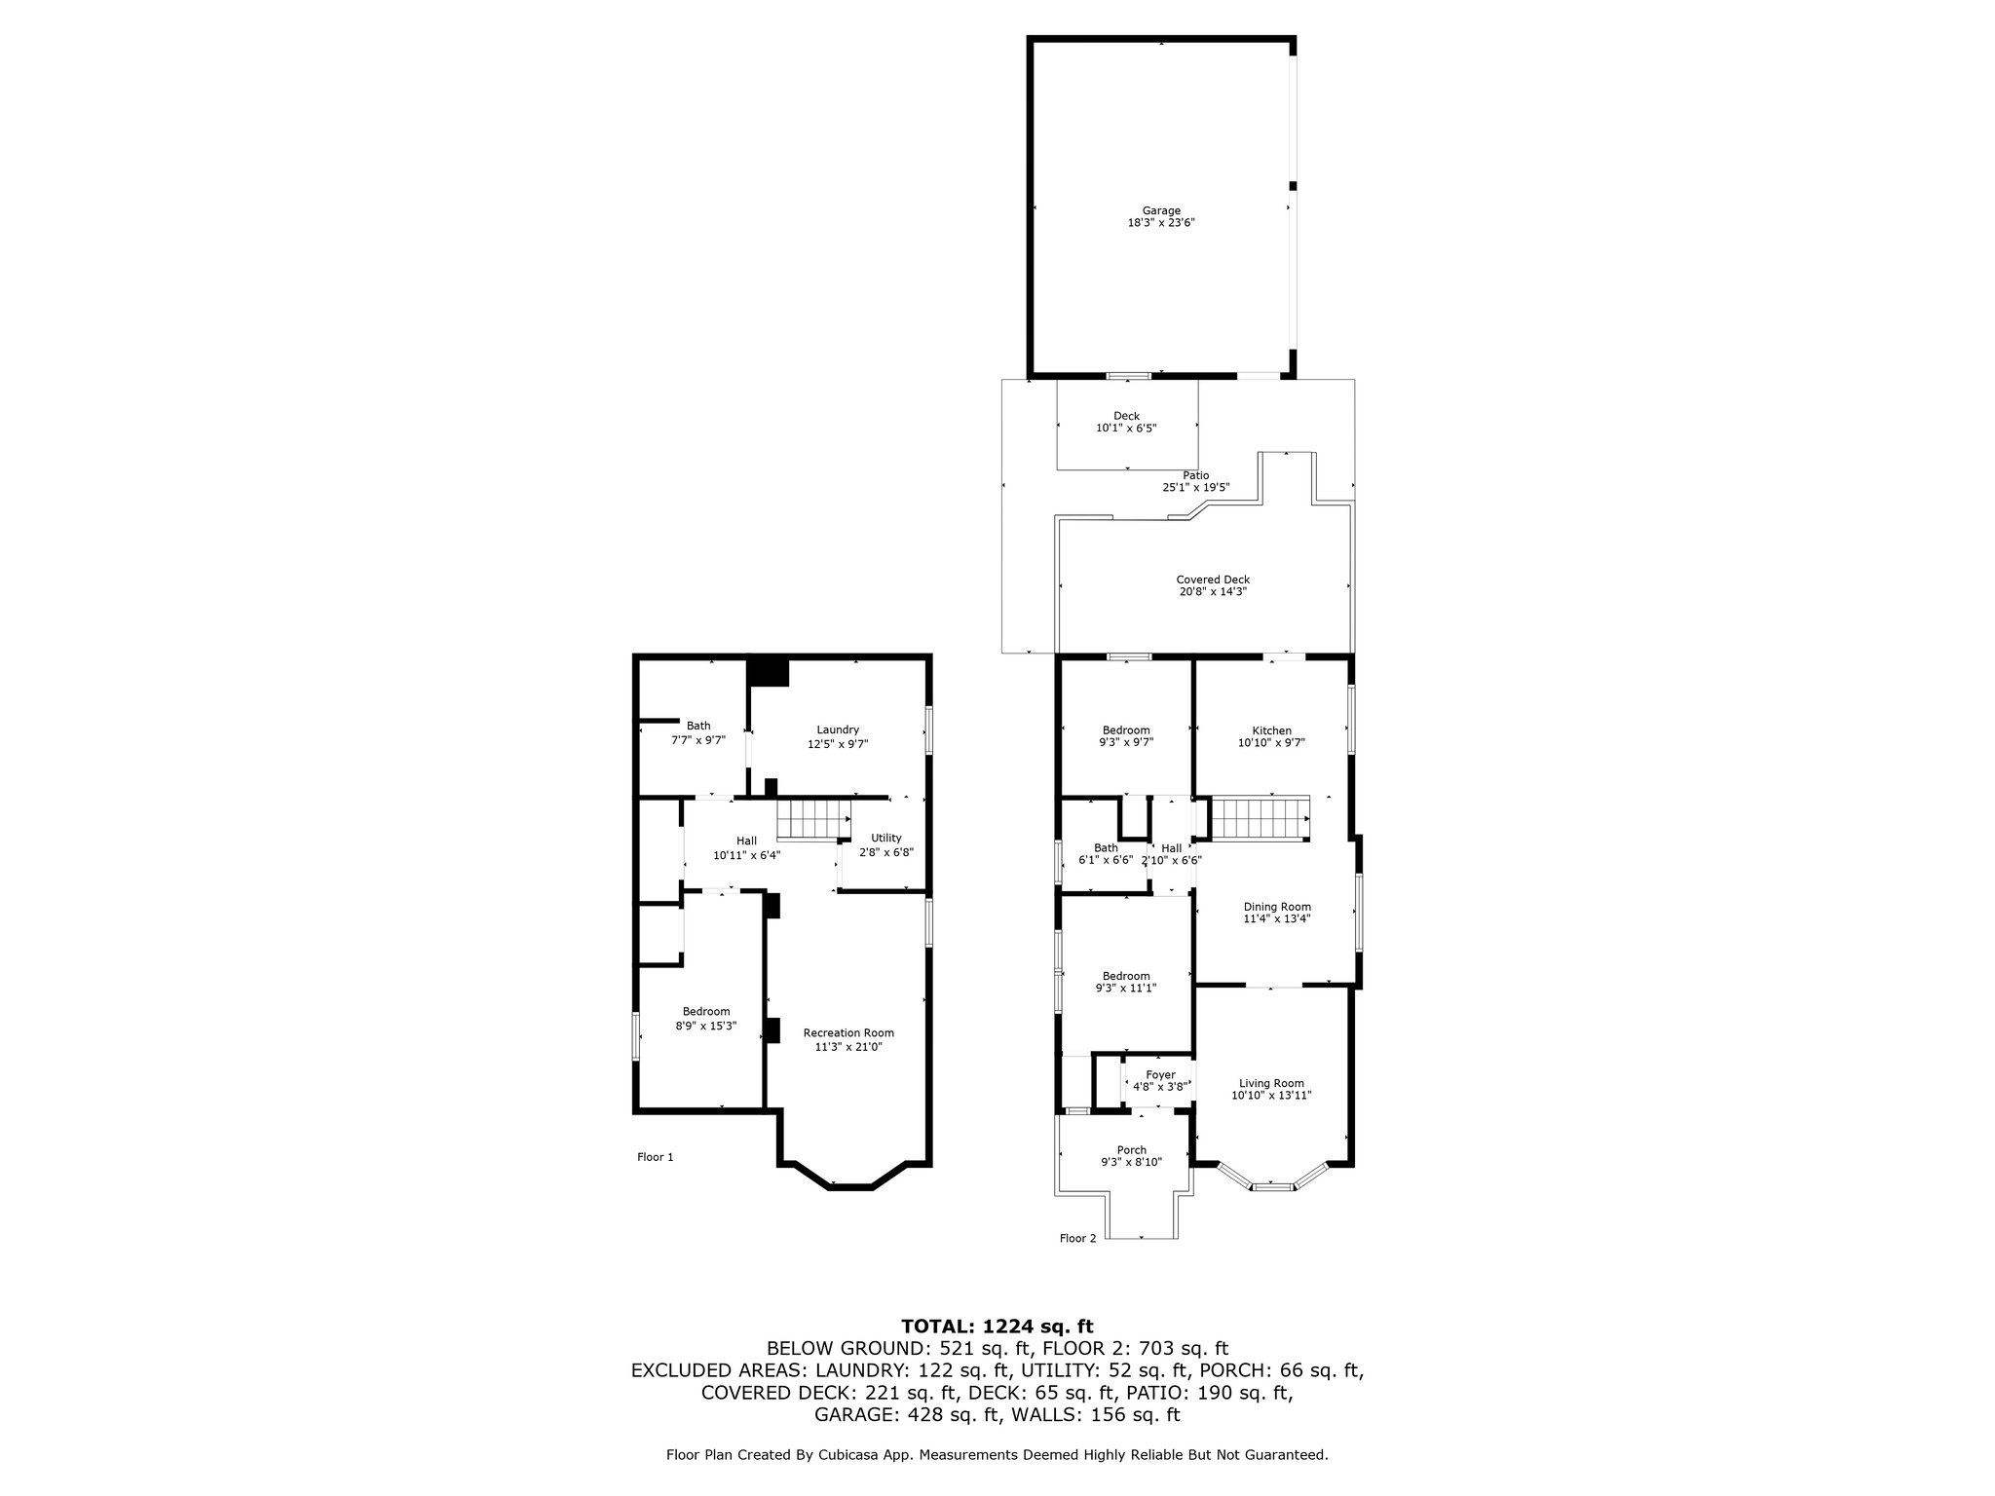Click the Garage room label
[1161, 216]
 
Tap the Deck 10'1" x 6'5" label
[1126, 422]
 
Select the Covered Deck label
[1213, 585]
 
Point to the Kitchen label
[1271, 736]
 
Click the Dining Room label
[1277, 913]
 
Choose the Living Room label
[1271, 1089]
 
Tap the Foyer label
[1160, 1081]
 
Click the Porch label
[1131, 1156]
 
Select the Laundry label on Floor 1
[838, 736]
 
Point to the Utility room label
[886, 844]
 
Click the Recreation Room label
[848, 1039]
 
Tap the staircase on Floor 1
[813, 819]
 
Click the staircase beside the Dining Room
[1261, 817]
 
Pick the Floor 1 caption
[656, 1157]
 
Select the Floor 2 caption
[1077, 1239]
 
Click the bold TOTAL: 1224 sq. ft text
[997, 1326]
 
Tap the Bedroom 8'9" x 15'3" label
[706, 1018]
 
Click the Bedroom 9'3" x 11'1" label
[1126, 982]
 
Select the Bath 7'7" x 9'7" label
[698, 732]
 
